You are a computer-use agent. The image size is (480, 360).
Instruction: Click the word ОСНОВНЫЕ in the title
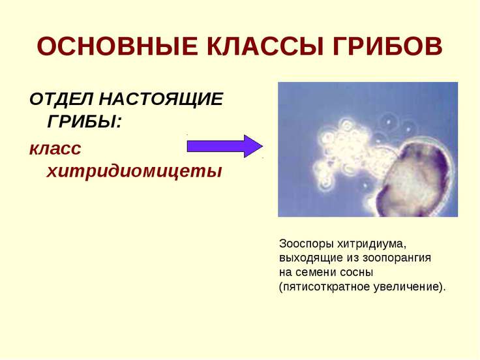coord(117,46)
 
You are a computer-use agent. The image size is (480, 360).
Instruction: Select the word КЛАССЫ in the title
coord(265,46)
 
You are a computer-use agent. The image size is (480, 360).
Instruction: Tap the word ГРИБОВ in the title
coord(387,46)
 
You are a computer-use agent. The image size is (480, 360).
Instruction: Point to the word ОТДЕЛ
coord(62,100)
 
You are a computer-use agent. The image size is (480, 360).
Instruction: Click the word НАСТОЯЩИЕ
coord(162,99)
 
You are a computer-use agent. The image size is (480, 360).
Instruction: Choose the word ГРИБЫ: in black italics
coord(85,121)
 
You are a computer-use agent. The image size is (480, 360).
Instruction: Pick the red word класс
coord(55,149)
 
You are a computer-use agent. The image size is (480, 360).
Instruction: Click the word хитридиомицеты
coord(134,172)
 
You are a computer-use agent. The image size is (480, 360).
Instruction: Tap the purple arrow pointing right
coord(225,146)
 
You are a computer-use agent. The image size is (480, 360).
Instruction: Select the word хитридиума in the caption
coord(371,244)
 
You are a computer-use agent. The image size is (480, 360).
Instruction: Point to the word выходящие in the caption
coord(311,258)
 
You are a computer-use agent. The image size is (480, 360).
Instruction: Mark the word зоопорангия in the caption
coord(397,258)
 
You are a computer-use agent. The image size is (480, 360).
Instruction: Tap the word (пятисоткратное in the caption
coord(325,287)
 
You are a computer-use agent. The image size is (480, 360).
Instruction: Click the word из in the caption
coord(353,258)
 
